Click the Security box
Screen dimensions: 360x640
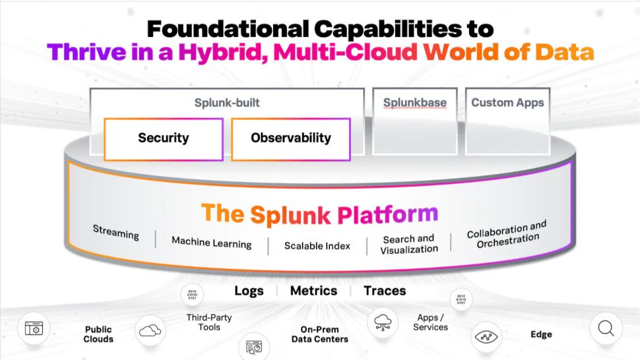pyautogui.click(x=163, y=138)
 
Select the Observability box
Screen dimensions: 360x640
pyautogui.click(x=290, y=138)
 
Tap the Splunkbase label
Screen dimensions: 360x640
pyautogui.click(x=414, y=103)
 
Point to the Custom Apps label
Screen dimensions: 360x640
pyautogui.click(x=507, y=103)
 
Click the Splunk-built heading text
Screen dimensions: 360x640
pyautogui.click(x=227, y=103)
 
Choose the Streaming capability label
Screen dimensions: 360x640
pyautogui.click(x=116, y=233)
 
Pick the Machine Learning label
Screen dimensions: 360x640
pyautogui.click(x=211, y=242)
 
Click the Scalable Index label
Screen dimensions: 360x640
pyautogui.click(x=317, y=246)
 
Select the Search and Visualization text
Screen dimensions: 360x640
pyautogui.click(x=408, y=244)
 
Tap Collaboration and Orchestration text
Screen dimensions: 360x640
pyautogui.click(x=507, y=234)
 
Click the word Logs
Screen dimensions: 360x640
pyautogui.click(x=249, y=291)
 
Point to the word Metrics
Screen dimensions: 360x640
pyautogui.click(x=313, y=291)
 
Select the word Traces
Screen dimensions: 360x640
pyautogui.click(x=385, y=291)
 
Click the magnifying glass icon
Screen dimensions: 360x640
pyautogui.click(x=606, y=328)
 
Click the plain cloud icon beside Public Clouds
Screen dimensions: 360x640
pyautogui.click(x=150, y=330)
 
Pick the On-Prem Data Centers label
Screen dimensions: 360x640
pyautogui.click(x=319, y=334)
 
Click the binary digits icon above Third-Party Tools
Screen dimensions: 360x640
pyautogui.click(x=193, y=294)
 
